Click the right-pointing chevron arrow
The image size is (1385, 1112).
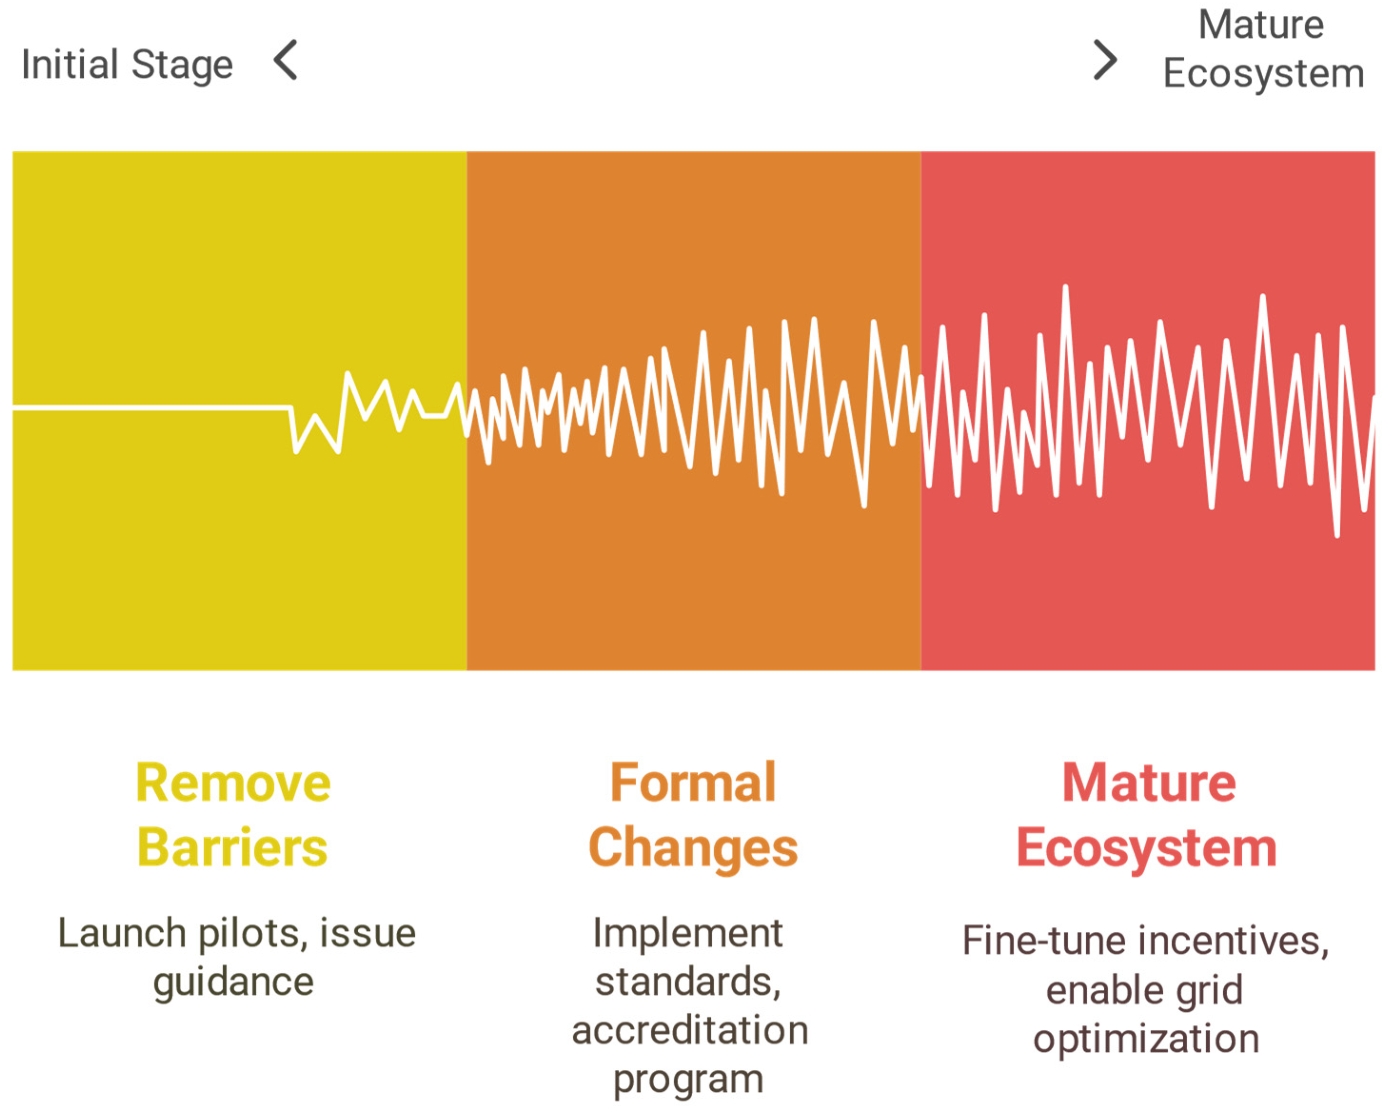pos(1105,60)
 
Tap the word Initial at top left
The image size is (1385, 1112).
pos(70,64)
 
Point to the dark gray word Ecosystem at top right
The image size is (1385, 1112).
pos(1264,73)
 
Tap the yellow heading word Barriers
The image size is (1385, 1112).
pos(233,848)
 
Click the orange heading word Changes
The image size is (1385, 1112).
pos(693,849)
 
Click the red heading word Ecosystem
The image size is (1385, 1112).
pos(1147,849)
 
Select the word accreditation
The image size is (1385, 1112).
pos(690,1031)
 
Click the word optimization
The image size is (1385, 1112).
pos(1146,1041)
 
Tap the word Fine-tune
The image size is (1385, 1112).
pos(1044,941)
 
